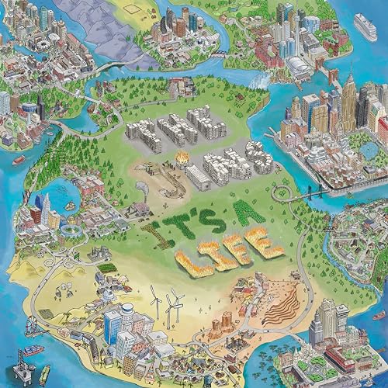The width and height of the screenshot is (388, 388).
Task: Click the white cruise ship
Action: click(x=365, y=28)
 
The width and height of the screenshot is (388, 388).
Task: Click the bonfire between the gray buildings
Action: click(x=183, y=158)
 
